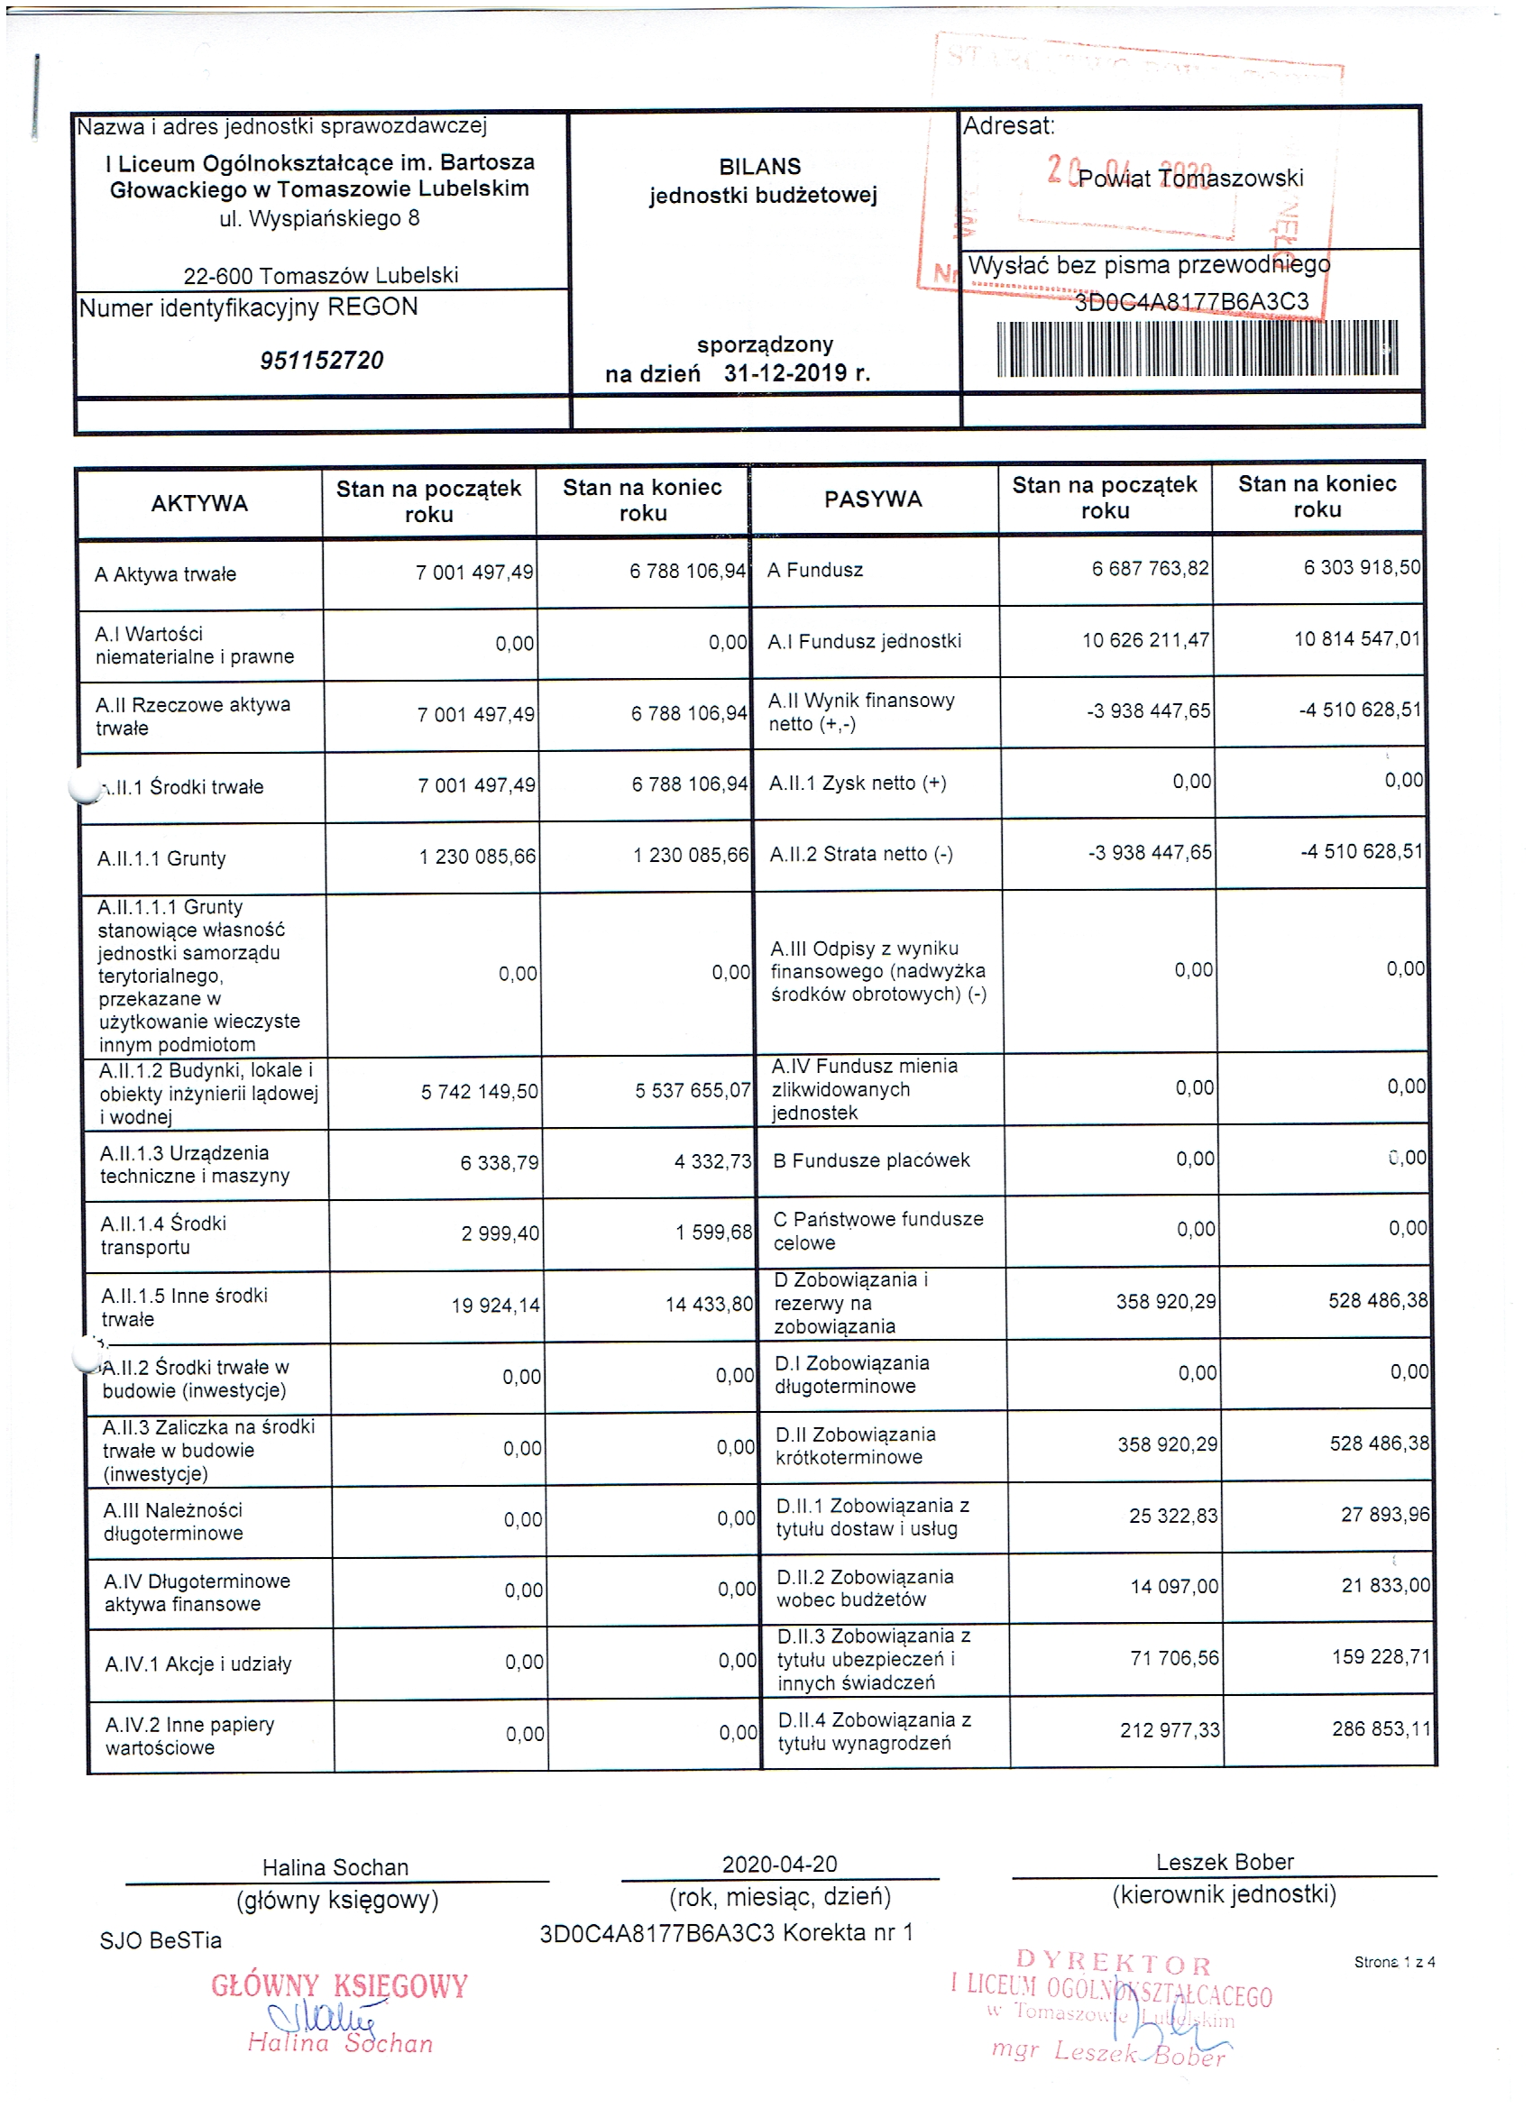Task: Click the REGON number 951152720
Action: (322, 360)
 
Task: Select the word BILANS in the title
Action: (759, 167)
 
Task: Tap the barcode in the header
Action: (1197, 348)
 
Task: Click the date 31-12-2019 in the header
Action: (797, 373)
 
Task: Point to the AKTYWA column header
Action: (199, 503)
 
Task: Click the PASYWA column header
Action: (872, 500)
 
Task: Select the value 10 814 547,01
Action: (1356, 638)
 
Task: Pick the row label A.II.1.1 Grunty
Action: (161, 857)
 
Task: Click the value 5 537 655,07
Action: (692, 1089)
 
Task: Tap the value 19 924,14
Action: (494, 1305)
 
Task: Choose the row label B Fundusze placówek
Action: (871, 1160)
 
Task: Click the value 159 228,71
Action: (1381, 1656)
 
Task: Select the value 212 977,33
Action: (1170, 1729)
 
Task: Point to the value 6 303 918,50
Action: (1361, 567)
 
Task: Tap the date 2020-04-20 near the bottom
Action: (779, 1865)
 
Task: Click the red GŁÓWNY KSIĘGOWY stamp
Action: (339, 1986)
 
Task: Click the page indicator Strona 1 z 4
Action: (1393, 1962)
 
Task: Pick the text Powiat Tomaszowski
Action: (1190, 178)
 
